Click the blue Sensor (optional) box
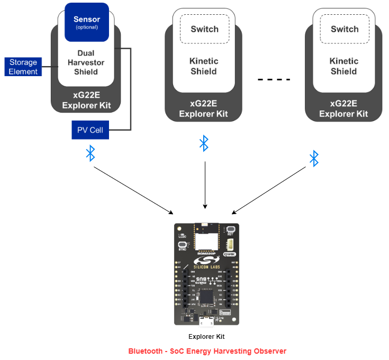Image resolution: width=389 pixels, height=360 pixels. [87, 22]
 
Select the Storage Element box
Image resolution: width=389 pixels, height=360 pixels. [23, 67]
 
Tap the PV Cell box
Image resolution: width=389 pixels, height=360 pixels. [90, 130]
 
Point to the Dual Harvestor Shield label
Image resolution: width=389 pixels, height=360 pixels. [86, 62]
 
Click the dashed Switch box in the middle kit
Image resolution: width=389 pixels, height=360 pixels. [204, 29]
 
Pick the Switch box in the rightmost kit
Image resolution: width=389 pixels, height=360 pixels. [345, 29]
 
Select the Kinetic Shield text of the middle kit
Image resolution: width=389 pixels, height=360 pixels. [204, 66]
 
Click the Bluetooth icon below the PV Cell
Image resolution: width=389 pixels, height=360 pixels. [91, 154]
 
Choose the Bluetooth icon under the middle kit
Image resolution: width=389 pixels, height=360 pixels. [204, 143]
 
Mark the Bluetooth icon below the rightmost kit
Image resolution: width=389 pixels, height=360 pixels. [314, 158]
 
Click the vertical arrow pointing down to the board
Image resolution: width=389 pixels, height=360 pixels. [204, 185]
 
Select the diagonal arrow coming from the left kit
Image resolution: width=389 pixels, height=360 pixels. [133, 190]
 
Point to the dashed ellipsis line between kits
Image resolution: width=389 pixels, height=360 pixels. [274, 80]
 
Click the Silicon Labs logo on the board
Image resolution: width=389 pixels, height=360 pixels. [206, 262]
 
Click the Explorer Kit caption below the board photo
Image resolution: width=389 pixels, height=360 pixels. [206, 337]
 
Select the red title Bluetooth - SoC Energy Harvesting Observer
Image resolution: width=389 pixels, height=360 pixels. [207, 351]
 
